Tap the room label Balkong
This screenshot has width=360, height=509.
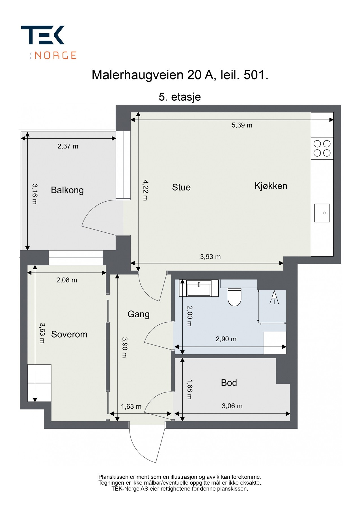click(67, 190)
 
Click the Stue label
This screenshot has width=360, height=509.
click(181, 187)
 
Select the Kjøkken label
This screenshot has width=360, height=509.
click(271, 186)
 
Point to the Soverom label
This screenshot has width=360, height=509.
click(69, 334)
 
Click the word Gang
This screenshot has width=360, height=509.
click(138, 314)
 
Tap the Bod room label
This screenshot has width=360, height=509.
click(229, 383)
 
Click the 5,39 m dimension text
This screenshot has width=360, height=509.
click(242, 125)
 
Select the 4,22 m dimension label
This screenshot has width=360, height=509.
click(145, 190)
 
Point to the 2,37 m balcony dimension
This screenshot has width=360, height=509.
click(68, 146)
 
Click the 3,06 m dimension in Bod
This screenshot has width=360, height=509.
click(232, 406)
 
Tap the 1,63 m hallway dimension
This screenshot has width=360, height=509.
click(131, 406)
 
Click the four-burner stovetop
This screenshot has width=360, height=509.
click(322, 148)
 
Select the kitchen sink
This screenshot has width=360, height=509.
click(322, 213)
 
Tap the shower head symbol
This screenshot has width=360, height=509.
click(274, 297)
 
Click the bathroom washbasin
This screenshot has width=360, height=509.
click(199, 288)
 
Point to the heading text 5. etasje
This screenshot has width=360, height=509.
click(180, 97)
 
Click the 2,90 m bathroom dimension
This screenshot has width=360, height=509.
click(226, 339)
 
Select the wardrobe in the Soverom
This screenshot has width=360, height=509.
click(39, 383)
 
